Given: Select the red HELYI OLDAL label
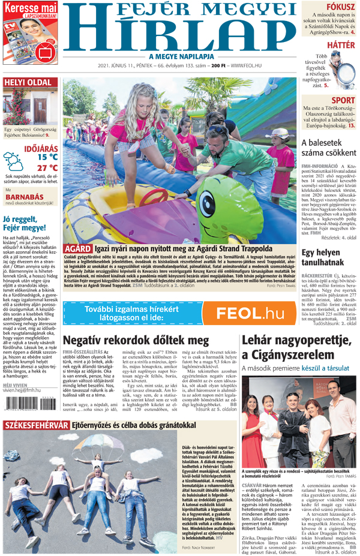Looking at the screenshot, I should (x=28, y=82).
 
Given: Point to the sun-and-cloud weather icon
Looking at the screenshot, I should (x=13, y=161).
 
